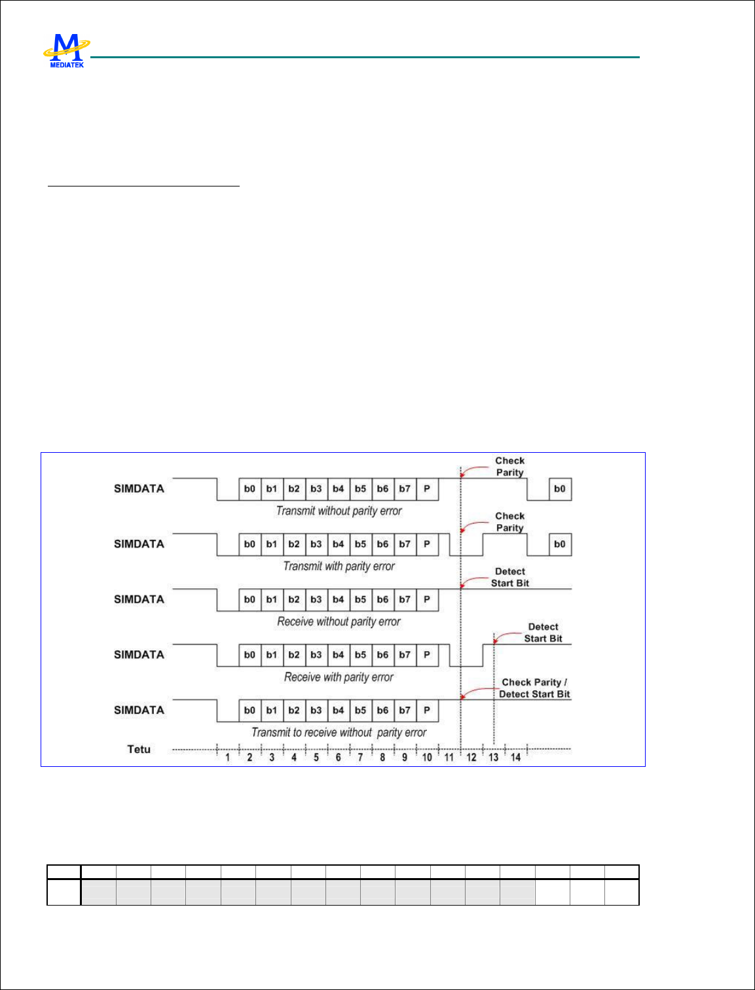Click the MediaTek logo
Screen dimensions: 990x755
(66, 51)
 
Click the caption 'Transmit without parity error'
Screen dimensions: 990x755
(339, 511)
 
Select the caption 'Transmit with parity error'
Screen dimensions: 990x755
(339, 566)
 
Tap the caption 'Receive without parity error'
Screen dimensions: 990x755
(339, 622)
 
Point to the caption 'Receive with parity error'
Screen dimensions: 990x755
(339, 677)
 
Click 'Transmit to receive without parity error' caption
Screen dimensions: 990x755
(339, 733)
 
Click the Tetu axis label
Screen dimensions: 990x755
(139, 749)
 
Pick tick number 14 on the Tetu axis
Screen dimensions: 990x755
(515, 757)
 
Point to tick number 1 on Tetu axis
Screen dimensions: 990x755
(227, 757)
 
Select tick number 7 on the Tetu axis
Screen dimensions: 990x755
(360, 757)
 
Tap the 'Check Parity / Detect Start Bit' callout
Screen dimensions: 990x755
(534, 688)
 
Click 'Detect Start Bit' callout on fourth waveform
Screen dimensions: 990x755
(543, 633)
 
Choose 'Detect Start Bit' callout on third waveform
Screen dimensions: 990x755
(510, 577)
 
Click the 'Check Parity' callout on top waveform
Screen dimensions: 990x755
(509, 467)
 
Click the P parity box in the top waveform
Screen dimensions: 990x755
(427, 489)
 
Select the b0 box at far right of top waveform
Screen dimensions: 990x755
(560, 489)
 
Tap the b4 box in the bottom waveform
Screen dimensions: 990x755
(338, 711)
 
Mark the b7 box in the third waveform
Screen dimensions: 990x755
(405, 599)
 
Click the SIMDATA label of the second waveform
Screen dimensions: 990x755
(139, 544)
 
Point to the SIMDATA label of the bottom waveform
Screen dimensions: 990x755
(139, 710)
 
